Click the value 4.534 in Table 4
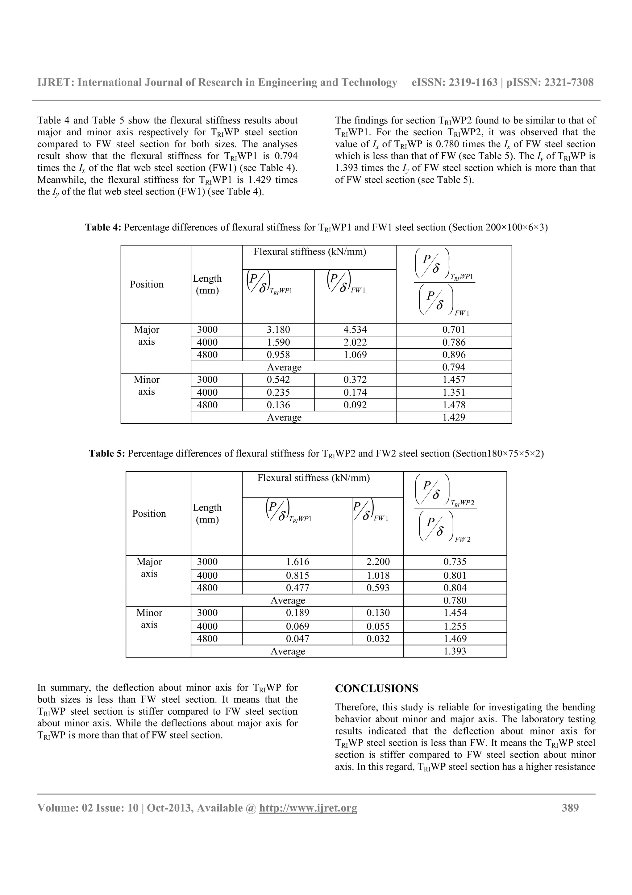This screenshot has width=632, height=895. coord(355,330)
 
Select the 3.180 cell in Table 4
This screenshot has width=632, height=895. coord(278,330)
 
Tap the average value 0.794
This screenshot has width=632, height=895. coord(454,367)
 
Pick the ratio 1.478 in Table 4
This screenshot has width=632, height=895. coord(454,405)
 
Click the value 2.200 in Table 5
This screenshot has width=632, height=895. coord(378,562)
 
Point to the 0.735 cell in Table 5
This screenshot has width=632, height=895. coord(455,562)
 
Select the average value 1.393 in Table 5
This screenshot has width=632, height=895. coord(455,651)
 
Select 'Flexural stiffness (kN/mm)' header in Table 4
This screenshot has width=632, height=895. coord(310,252)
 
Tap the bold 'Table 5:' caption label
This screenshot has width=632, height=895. coord(107,453)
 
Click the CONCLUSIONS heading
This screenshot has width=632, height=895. coord(376,689)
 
